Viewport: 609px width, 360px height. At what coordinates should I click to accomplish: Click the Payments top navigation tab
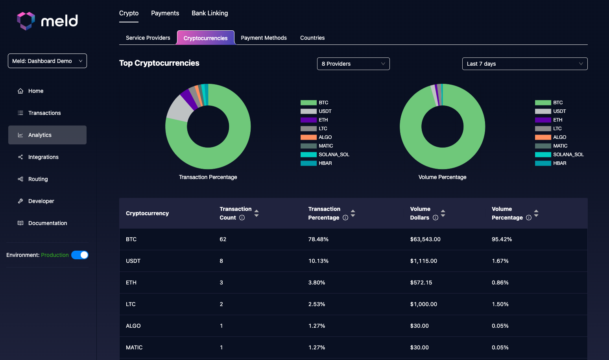tap(165, 13)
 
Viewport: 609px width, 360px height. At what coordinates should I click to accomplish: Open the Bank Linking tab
tap(210, 13)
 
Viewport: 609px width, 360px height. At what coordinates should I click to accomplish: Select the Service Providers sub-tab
tap(148, 38)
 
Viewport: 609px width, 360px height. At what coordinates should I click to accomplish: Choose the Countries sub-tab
tap(312, 38)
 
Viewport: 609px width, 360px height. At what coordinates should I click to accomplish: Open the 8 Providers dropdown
tap(353, 64)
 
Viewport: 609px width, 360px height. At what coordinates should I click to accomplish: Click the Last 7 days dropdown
tap(524, 64)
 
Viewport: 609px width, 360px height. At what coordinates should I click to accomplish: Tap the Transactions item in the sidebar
tap(44, 113)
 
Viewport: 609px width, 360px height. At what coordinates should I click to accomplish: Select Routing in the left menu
tap(38, 179)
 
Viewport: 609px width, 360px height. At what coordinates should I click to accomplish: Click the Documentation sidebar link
tap(48, 223)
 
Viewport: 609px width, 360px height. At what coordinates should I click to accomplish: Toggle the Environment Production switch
tap(80, 255)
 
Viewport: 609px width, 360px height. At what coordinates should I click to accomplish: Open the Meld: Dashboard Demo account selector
tap(47, 61)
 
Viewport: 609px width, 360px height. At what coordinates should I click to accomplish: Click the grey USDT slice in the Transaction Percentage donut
tap(179, 109)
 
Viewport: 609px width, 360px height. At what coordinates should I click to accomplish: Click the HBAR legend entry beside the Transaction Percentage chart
tap(317, 163)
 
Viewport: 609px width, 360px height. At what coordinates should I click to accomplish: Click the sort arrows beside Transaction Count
tap(257, 213)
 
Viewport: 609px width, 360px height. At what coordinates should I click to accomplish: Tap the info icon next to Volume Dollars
tap(436, 218)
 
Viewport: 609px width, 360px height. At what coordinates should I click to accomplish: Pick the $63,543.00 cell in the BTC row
tap(425, 239)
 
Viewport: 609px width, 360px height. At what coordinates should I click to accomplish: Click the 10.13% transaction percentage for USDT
tap(318, 261)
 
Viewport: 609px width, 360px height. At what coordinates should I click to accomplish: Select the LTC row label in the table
tap(131, 304)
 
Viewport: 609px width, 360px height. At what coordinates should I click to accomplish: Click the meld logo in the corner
tap(48, 20)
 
